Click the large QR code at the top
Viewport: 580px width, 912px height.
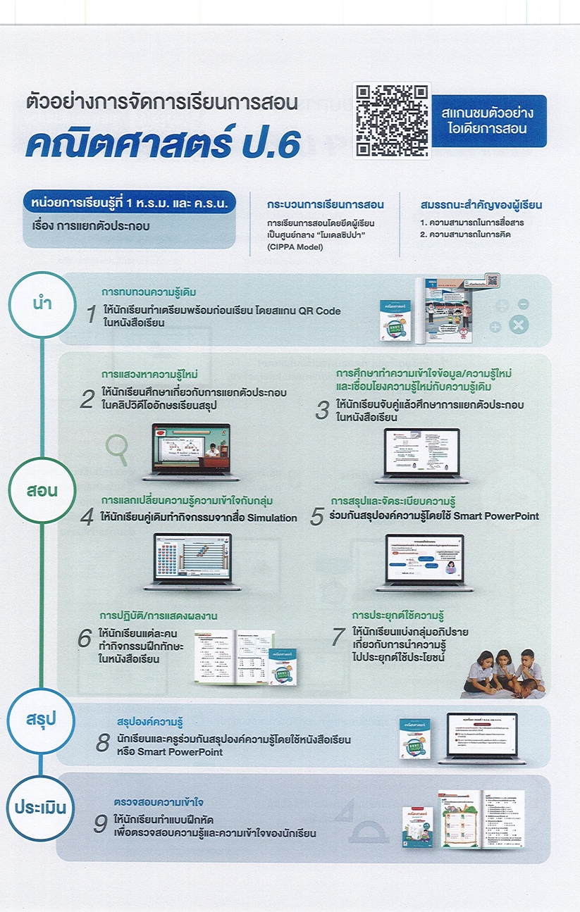pyautogui.click(x=391, y=120)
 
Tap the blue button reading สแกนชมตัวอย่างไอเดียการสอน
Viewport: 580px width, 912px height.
pyautogui.click(x=488, y=120)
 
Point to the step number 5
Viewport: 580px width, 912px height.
pyautogui.click(x=316, y=517)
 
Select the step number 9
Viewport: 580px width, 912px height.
pyautogui.click(x=101, y=825)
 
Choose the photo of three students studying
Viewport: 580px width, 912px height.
pyautogui.click(x=504, y=672)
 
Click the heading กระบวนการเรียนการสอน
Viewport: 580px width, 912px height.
pyautogui.click(x=325, y=205)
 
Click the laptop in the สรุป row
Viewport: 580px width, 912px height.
pyautogui.click(x=481, y=737)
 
